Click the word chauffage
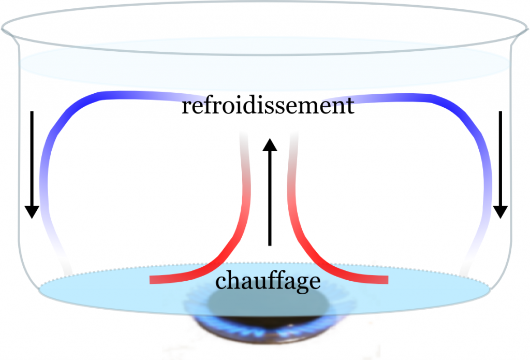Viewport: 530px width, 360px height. click(268, 282)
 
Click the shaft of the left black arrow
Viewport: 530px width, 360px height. click(32, 155)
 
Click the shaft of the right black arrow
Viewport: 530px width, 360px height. click(500, 155)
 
